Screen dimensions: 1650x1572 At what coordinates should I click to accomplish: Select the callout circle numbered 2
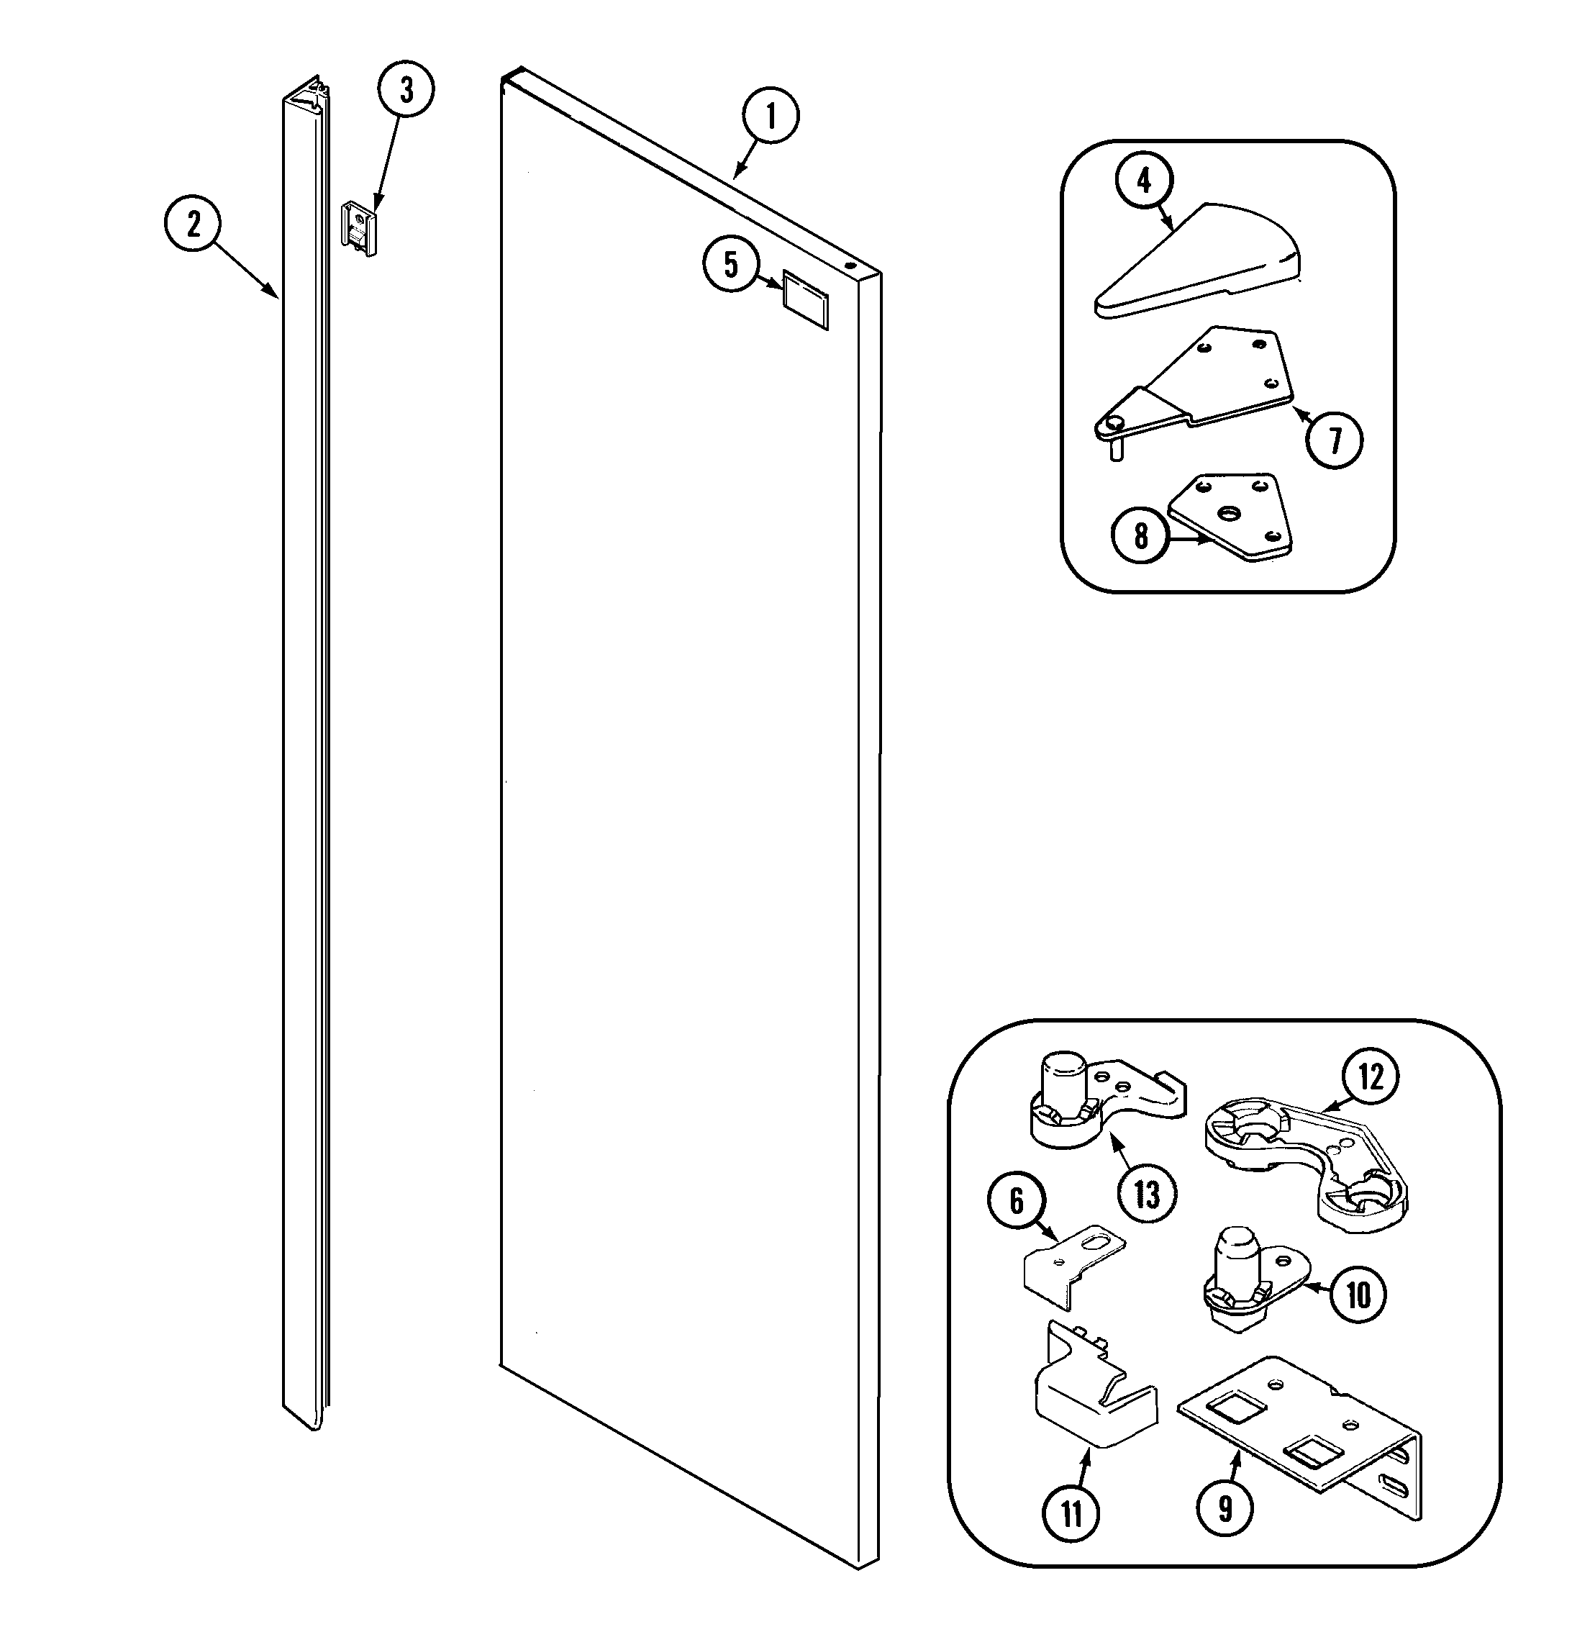click(193, 225)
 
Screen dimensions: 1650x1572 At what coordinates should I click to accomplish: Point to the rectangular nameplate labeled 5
click(806, 299)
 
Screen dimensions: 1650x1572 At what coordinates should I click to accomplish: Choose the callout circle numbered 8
click(1140, 535)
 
